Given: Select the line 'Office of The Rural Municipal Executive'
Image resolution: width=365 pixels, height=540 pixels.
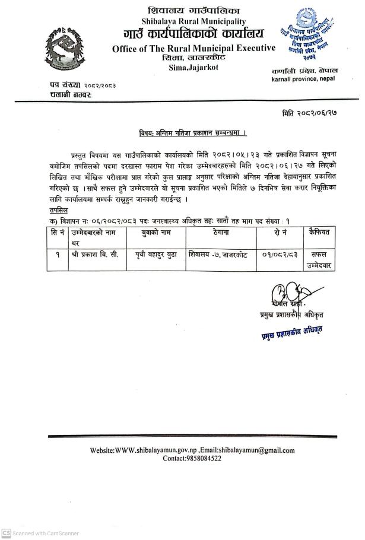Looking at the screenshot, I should (193, 48).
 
